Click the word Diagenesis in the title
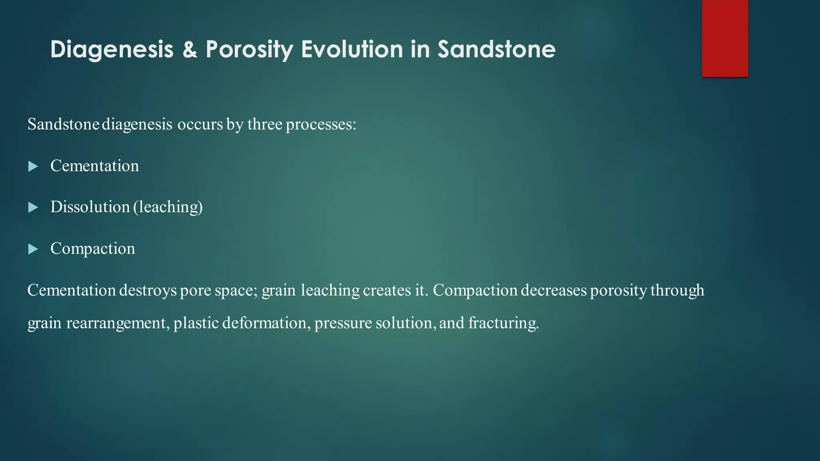pos(112,50)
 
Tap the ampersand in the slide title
pos(190,50)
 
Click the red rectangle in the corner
pos(725,38)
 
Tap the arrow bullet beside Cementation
pos(33,166)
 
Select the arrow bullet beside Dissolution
pos(33,207)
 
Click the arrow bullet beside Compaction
pos(33,249)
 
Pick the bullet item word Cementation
pos(94,166)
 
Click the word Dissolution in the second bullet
pos(90,207)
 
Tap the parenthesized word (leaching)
pos(168,207)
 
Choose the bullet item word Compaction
pos(92,249)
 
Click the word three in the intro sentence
pos(265,124)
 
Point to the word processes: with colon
pos(321,125)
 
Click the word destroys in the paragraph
pos(148,291)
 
